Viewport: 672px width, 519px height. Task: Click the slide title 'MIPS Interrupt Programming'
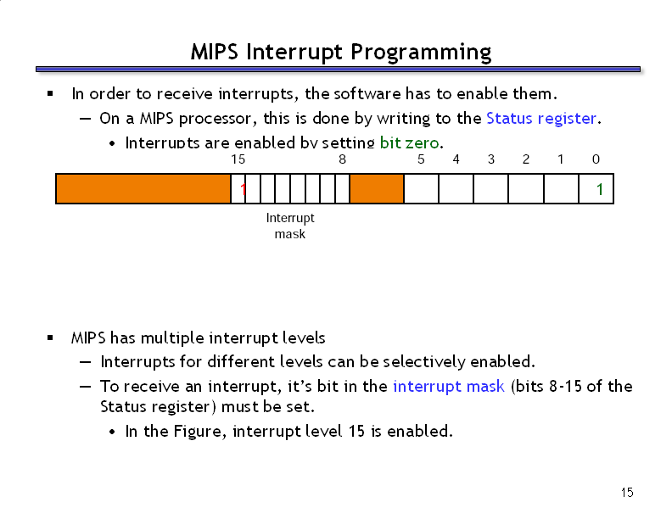[x=341, y=53]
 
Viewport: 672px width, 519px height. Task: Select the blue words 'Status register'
[x=540, y=118]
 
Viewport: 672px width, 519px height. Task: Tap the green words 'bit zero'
[x=409, y=142]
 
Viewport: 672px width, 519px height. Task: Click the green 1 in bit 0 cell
[x=600, y=189]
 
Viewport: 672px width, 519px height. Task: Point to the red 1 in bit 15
[x=243, y=189]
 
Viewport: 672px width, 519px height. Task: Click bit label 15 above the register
[x=238, y=159]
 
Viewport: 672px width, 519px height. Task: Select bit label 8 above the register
[x=342, y=159]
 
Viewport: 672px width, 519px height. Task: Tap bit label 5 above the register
[x=421, y=159]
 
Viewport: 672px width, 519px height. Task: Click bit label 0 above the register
[x=596, y=159]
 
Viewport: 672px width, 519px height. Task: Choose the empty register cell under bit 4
[x=456, y=188]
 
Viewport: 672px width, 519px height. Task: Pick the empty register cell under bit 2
[x=526, y=188]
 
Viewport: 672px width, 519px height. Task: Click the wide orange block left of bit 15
[x=143, y=188]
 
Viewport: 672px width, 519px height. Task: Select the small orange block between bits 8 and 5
[x=377, y=188]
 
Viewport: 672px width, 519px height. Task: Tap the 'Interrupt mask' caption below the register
[x=290, y=226]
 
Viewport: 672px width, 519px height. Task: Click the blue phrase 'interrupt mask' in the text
[x=449, y=386]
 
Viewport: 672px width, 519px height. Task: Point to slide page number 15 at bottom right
[x=627, y=493]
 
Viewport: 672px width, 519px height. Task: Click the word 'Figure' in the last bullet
[x=199, y=431]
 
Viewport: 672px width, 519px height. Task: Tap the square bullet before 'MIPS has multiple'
[x=50, y=338]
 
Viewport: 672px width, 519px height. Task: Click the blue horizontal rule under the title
[x=338, y=69]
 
